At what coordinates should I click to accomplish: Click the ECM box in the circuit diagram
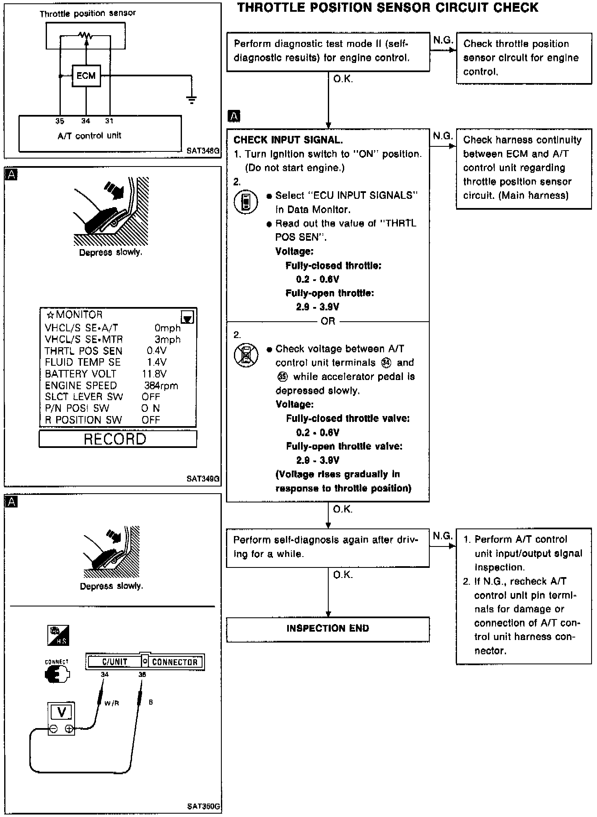click(86, 76)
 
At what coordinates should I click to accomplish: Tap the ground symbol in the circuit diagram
click(192, 100)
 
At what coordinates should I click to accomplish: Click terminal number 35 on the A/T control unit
click(60, 121)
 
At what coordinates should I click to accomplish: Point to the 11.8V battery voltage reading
click(154, 374)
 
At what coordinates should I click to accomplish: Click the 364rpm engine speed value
click(161, 385)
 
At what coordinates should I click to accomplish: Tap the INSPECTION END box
click(327, 628)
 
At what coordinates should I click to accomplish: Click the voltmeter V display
click(61, 712)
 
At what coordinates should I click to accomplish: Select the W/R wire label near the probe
click(112, 703)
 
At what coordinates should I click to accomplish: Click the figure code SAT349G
click(203, 479)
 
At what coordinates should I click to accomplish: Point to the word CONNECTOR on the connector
click(174, 663)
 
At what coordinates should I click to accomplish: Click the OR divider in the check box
click(327, 321)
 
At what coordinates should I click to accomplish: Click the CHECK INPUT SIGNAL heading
click(288, 140)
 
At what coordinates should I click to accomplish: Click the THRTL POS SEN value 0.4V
click(156, 351)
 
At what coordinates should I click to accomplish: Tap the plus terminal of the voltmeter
click(70, 729)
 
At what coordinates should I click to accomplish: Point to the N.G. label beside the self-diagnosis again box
click(442, 536)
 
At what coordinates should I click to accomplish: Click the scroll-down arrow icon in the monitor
click(187, 317)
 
